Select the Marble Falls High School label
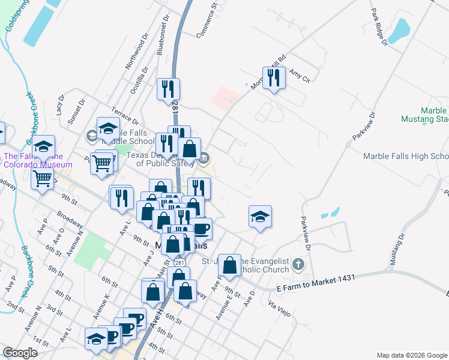405,157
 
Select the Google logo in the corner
20,353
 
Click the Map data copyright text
412,355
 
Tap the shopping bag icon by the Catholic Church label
230,265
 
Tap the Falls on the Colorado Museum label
38,160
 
